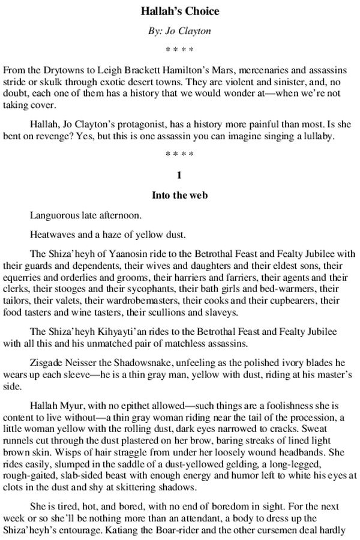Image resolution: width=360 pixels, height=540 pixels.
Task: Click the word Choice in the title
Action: point(202,11)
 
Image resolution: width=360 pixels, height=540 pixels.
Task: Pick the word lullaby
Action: point(326,136)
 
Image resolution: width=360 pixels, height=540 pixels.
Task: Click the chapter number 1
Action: point(180,176)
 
